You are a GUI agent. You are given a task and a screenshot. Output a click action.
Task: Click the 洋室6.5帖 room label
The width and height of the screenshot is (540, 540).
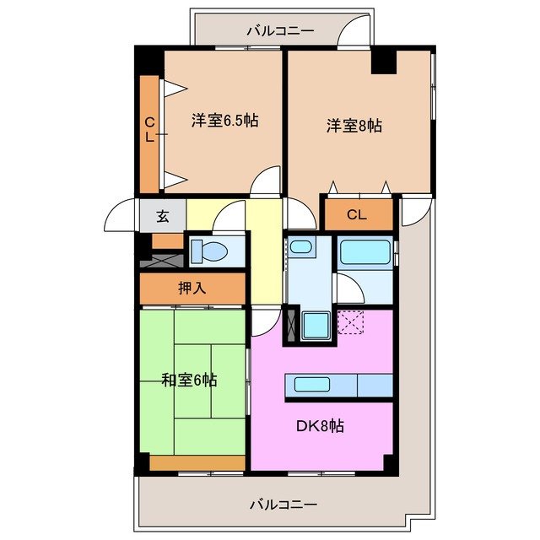224,121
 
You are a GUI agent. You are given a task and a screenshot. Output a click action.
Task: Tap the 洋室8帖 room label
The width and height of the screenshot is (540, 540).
354,126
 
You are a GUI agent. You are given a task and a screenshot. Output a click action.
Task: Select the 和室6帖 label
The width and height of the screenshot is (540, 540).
189,380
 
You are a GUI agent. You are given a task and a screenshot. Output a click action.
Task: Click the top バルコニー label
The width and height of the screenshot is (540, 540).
280,30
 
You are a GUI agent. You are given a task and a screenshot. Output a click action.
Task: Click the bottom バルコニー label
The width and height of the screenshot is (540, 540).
283,505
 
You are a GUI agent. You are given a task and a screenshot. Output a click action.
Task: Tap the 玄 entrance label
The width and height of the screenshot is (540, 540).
162,216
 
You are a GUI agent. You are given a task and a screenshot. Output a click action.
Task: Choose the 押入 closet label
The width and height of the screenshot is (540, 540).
192,288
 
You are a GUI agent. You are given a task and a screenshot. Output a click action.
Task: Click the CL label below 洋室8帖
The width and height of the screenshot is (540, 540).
357,215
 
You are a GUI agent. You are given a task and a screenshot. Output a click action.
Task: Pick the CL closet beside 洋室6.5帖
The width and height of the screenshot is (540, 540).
149,133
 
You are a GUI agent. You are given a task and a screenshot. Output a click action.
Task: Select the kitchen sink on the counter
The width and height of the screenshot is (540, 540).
312,385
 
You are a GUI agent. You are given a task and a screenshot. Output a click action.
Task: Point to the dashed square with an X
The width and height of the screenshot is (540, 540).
349,322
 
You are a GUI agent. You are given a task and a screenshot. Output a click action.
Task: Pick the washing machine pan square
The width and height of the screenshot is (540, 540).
317,324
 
